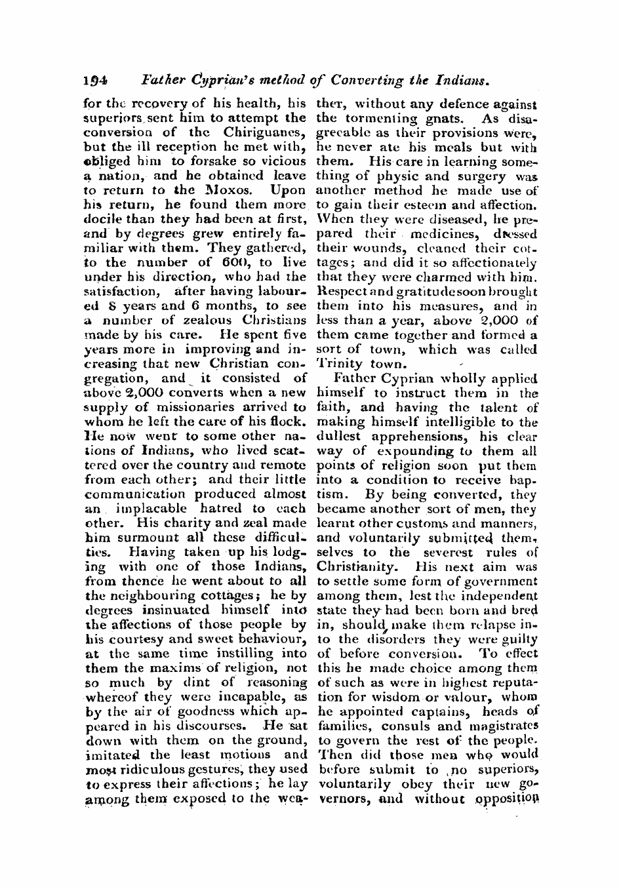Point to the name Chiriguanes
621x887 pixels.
[264, 133]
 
